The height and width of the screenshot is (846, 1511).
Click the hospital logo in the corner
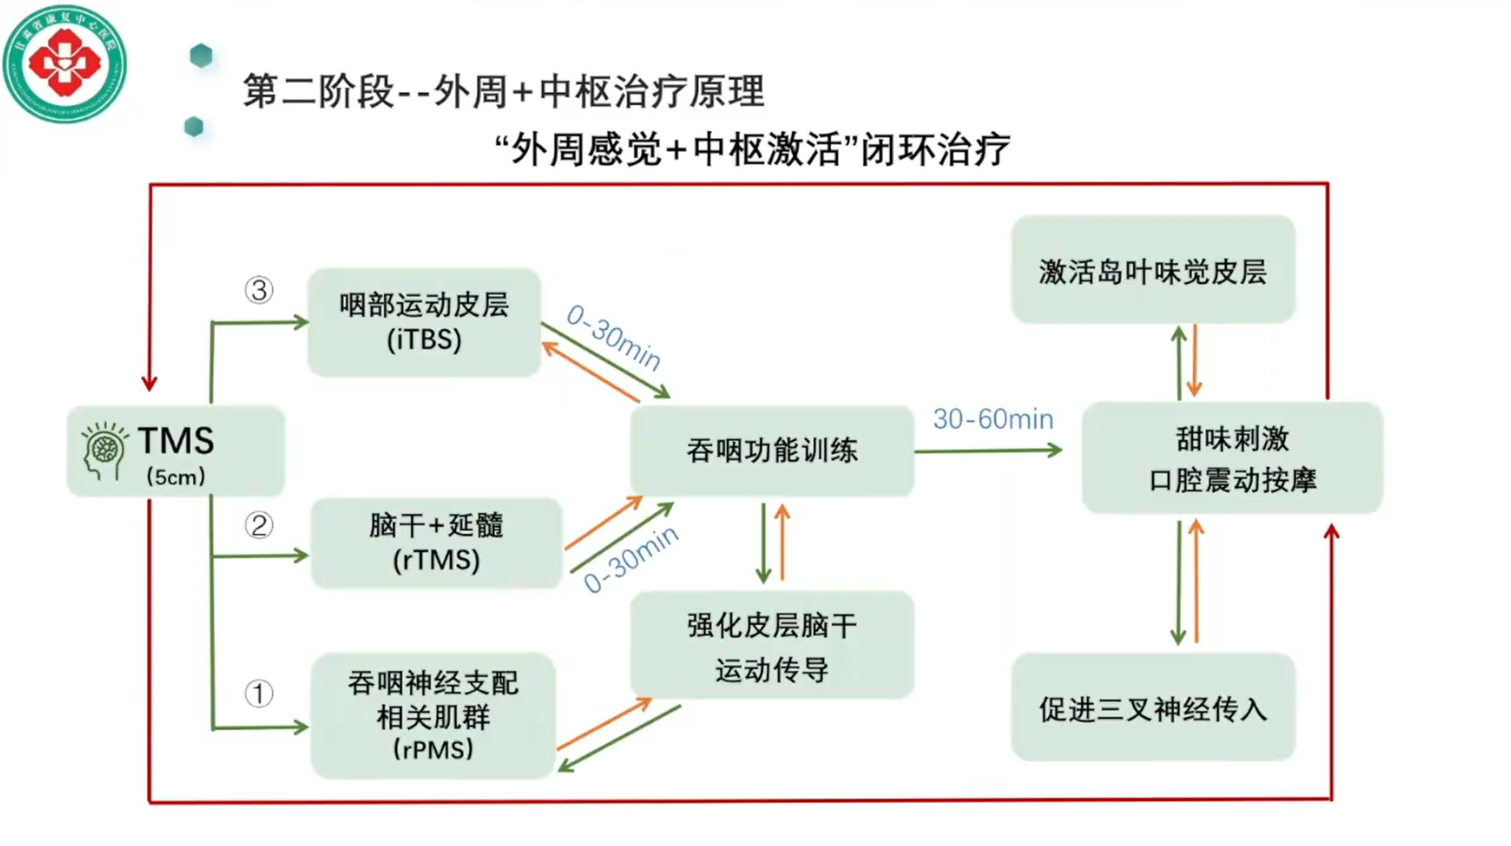click(64, 63)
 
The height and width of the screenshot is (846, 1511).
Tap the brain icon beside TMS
click(104, 451)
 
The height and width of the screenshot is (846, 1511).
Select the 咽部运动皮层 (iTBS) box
click(424, 323)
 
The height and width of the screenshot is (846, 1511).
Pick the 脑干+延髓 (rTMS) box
click(436, 543)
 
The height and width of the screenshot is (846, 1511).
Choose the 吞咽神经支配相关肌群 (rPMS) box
click(433, 715)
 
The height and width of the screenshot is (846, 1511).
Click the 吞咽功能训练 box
click(772, 451)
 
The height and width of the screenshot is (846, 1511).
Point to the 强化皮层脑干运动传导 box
click(772, 646)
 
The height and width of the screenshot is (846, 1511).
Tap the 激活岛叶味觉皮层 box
click(1152, 271)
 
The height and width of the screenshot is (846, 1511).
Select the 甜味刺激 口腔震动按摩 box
click(1232, 459)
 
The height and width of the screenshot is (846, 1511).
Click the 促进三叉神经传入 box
click(1152, 707)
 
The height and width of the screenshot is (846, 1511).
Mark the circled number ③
click(259, 290)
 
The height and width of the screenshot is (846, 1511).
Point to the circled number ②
click(259, 525)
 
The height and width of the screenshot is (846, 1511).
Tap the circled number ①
click(259, 693)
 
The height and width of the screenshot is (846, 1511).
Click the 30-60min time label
click(993, 419)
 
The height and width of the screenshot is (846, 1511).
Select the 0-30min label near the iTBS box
click(613, 338)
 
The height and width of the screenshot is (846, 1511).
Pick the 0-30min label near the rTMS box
click(631, 559)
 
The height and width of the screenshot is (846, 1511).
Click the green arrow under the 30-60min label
click(988, 451)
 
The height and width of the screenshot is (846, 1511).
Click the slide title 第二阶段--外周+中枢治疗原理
click(503, 91)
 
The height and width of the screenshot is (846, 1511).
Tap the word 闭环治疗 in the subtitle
click(935, 150)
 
